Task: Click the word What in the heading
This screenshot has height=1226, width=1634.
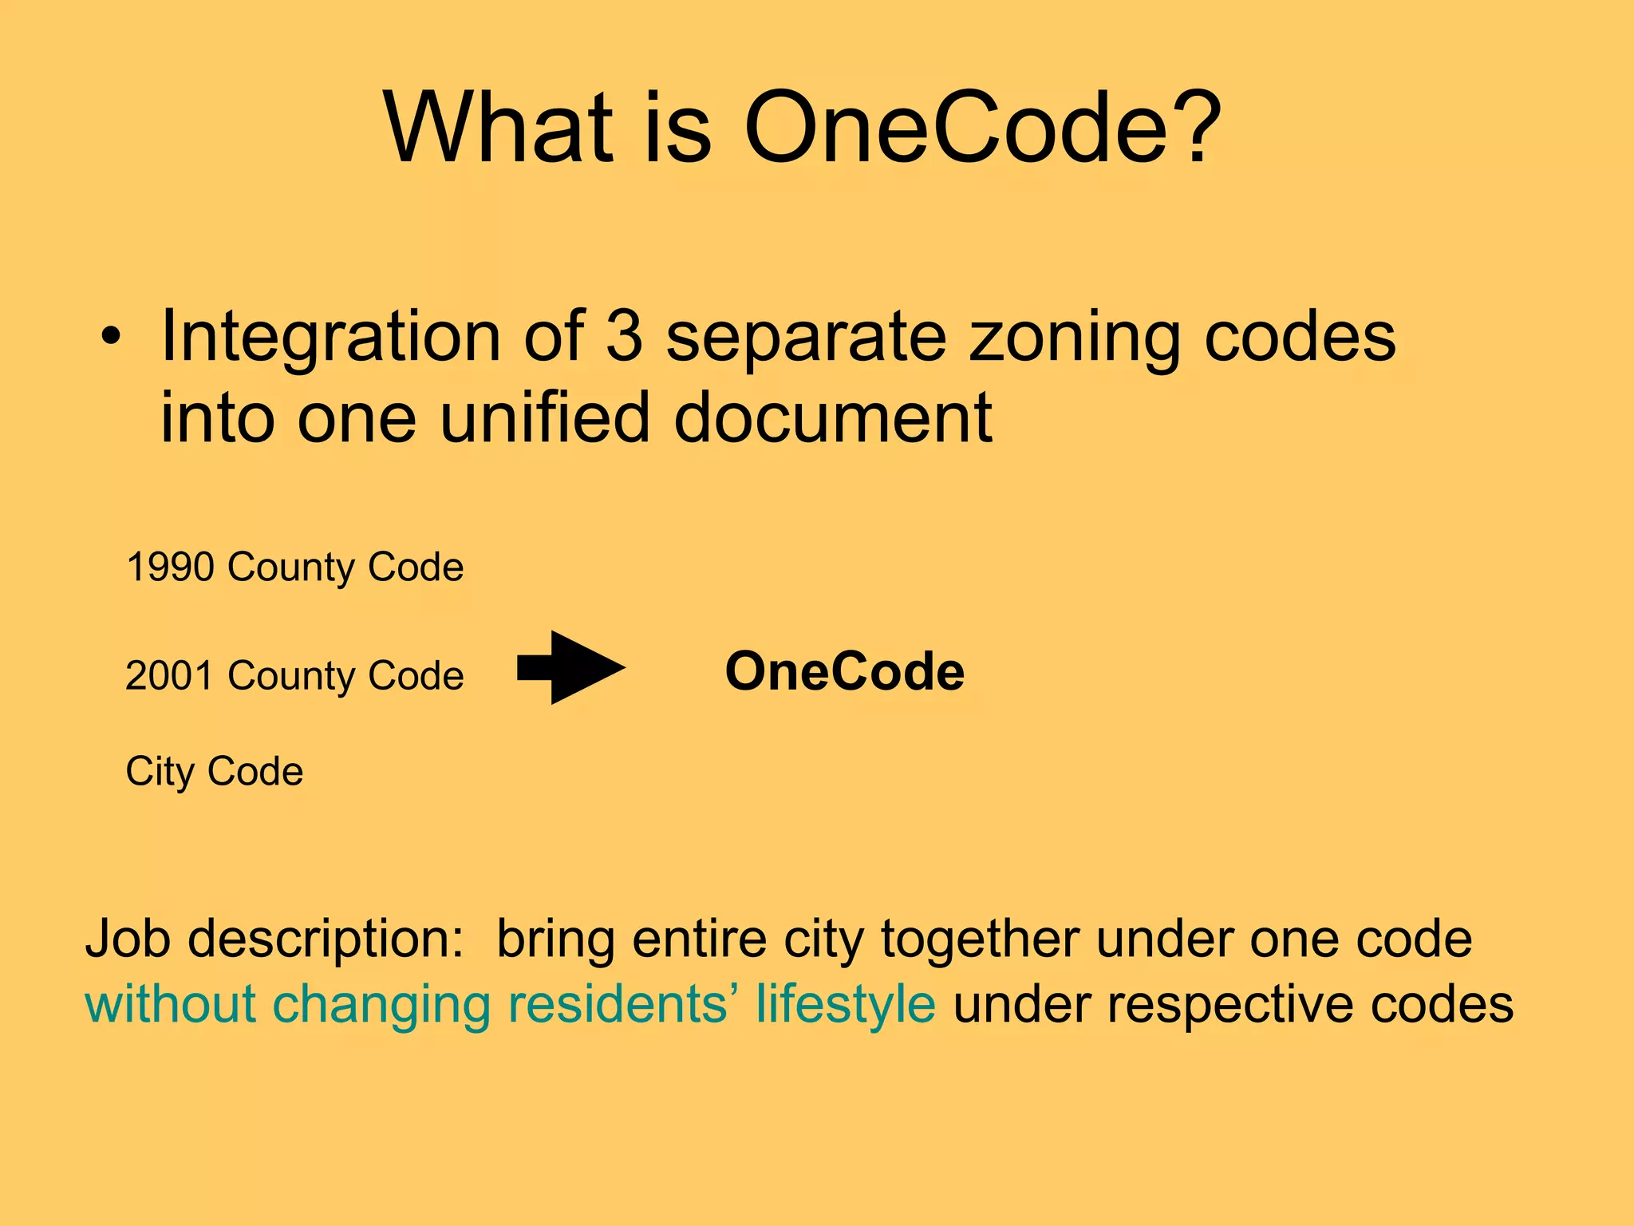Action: click(x=499, y=128)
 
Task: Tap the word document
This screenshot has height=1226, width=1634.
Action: click(x=833, y=417)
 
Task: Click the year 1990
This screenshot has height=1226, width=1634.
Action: click(x=170, y=568)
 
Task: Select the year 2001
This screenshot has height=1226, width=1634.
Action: click(x=170, y=676)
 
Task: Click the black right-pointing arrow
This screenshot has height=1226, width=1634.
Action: click(x=571, y=667)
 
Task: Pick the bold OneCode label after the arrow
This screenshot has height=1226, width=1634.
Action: click(x=844, y=671)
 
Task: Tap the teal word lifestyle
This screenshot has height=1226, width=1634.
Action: click(x=846, y=1004)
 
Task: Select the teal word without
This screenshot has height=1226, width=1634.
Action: click(x=171, y=1004)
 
